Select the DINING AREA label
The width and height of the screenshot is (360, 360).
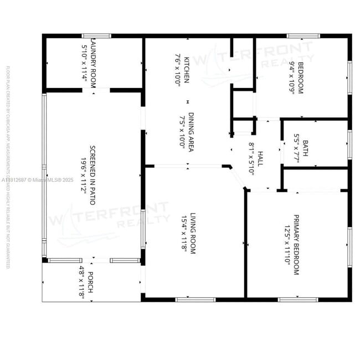coord(190,130)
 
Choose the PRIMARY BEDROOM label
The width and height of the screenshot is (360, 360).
coord(296,244)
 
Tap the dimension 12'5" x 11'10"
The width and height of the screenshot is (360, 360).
coord(287,244)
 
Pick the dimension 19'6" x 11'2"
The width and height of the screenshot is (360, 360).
coord(83,169)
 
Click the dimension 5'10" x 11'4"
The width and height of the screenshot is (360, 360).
coord(84,60)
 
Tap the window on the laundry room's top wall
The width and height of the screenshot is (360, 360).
coord(96,36)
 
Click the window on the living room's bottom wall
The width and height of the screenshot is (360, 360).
coord(195,300)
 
